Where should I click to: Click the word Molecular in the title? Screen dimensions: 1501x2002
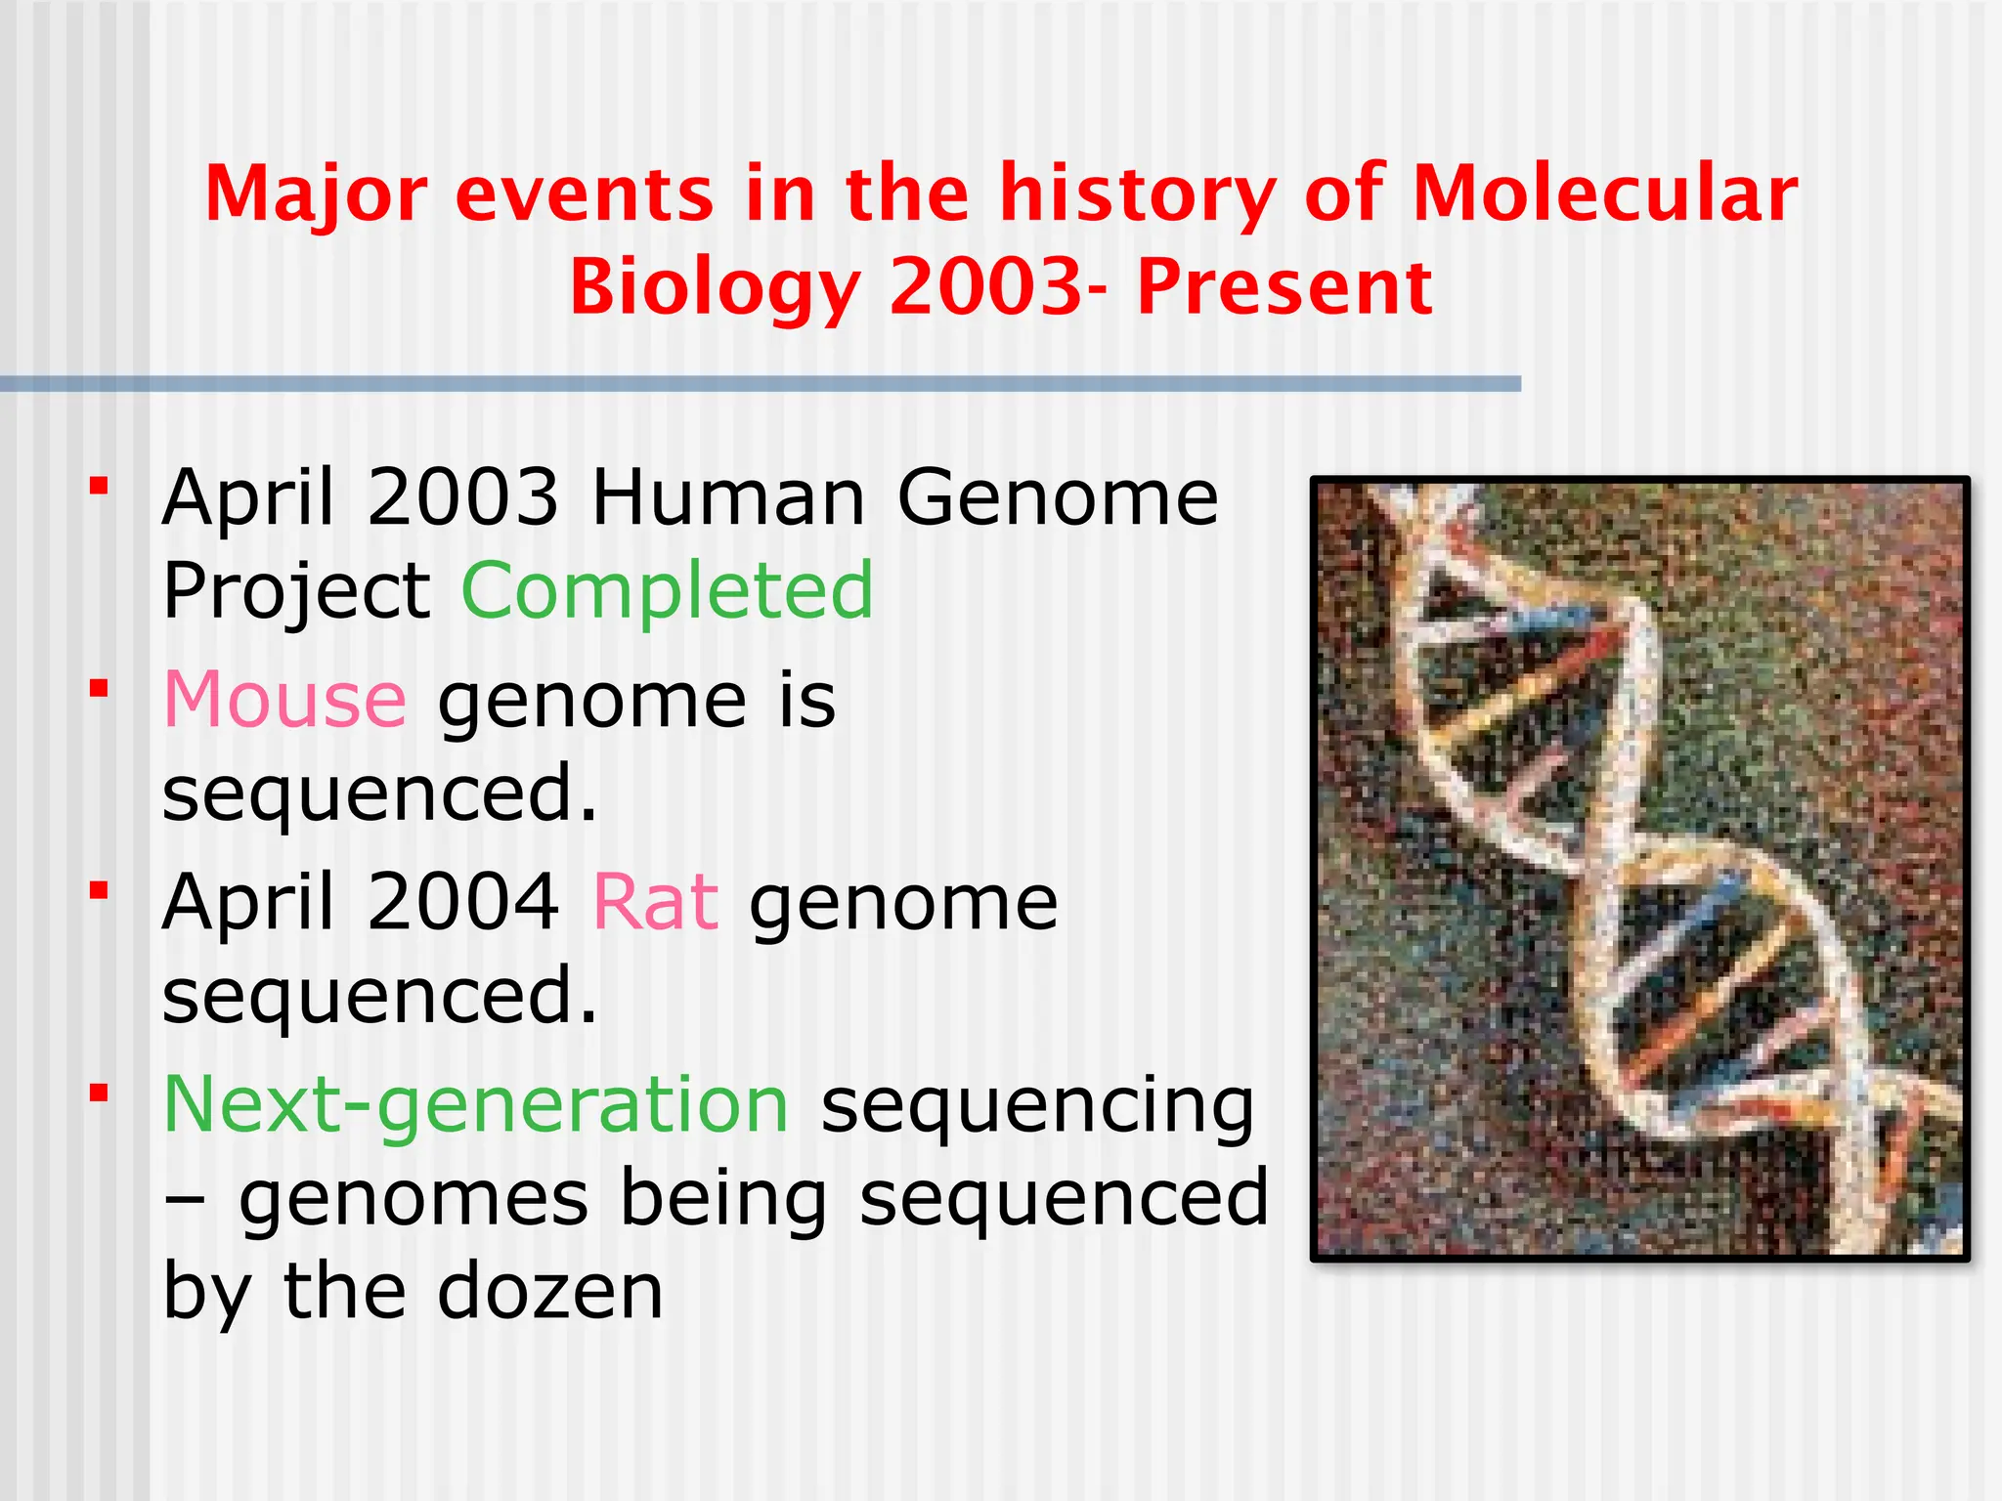[1604, 193]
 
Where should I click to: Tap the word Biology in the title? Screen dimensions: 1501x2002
[715, 289]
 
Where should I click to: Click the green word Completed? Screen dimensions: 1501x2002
[667, 592]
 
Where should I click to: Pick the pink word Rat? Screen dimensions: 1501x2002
[656, 902]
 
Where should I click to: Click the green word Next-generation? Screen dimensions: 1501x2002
[476, 1105]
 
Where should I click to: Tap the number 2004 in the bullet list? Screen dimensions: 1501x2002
[463, 902]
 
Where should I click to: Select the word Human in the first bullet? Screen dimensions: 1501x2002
[728, 497]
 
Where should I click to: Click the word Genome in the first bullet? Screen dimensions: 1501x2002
[1058, 497]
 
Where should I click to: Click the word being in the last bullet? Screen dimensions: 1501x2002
[723, 1200]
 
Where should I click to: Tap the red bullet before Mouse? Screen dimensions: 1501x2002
[99, 689]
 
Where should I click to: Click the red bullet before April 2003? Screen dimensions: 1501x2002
[99, 486]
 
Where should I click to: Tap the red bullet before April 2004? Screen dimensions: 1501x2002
[99, 890]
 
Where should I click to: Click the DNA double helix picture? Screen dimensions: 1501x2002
[1639, 868]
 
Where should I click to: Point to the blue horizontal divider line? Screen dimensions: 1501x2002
[761, 384]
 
